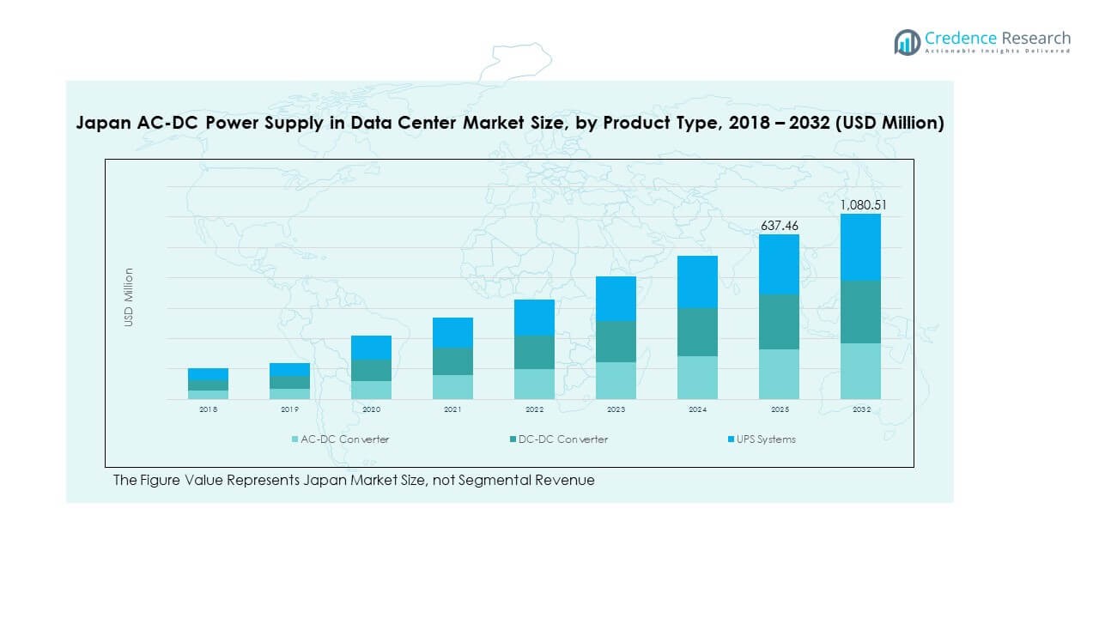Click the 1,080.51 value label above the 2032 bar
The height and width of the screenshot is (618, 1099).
(x=860, y=204)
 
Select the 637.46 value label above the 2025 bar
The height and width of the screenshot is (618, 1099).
(x=779, y=226)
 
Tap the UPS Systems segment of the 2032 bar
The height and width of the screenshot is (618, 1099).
(x=860, y=247)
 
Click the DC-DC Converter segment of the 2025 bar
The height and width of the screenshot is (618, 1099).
(x=779, y=322)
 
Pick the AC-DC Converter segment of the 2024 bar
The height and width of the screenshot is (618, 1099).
(x=697, y=378)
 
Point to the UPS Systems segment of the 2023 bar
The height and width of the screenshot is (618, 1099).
(x=616, y=299)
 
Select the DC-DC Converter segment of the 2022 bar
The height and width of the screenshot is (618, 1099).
(x=534, y=352)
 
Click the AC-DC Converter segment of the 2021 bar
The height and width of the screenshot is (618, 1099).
(x=452, y=387)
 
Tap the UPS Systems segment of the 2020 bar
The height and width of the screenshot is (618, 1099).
(x=371, y=348)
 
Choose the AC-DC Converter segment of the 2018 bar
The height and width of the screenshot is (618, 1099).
(x=208, y=395)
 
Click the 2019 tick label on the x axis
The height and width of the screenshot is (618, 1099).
(x=289, y=410)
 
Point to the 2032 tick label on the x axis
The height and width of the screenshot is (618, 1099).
(x=860, y=410)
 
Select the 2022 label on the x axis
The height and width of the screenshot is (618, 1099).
(x=534, y=410)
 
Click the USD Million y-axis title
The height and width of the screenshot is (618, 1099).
(x=129, y=297)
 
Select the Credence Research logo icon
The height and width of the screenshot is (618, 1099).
(x=907, y=42)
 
